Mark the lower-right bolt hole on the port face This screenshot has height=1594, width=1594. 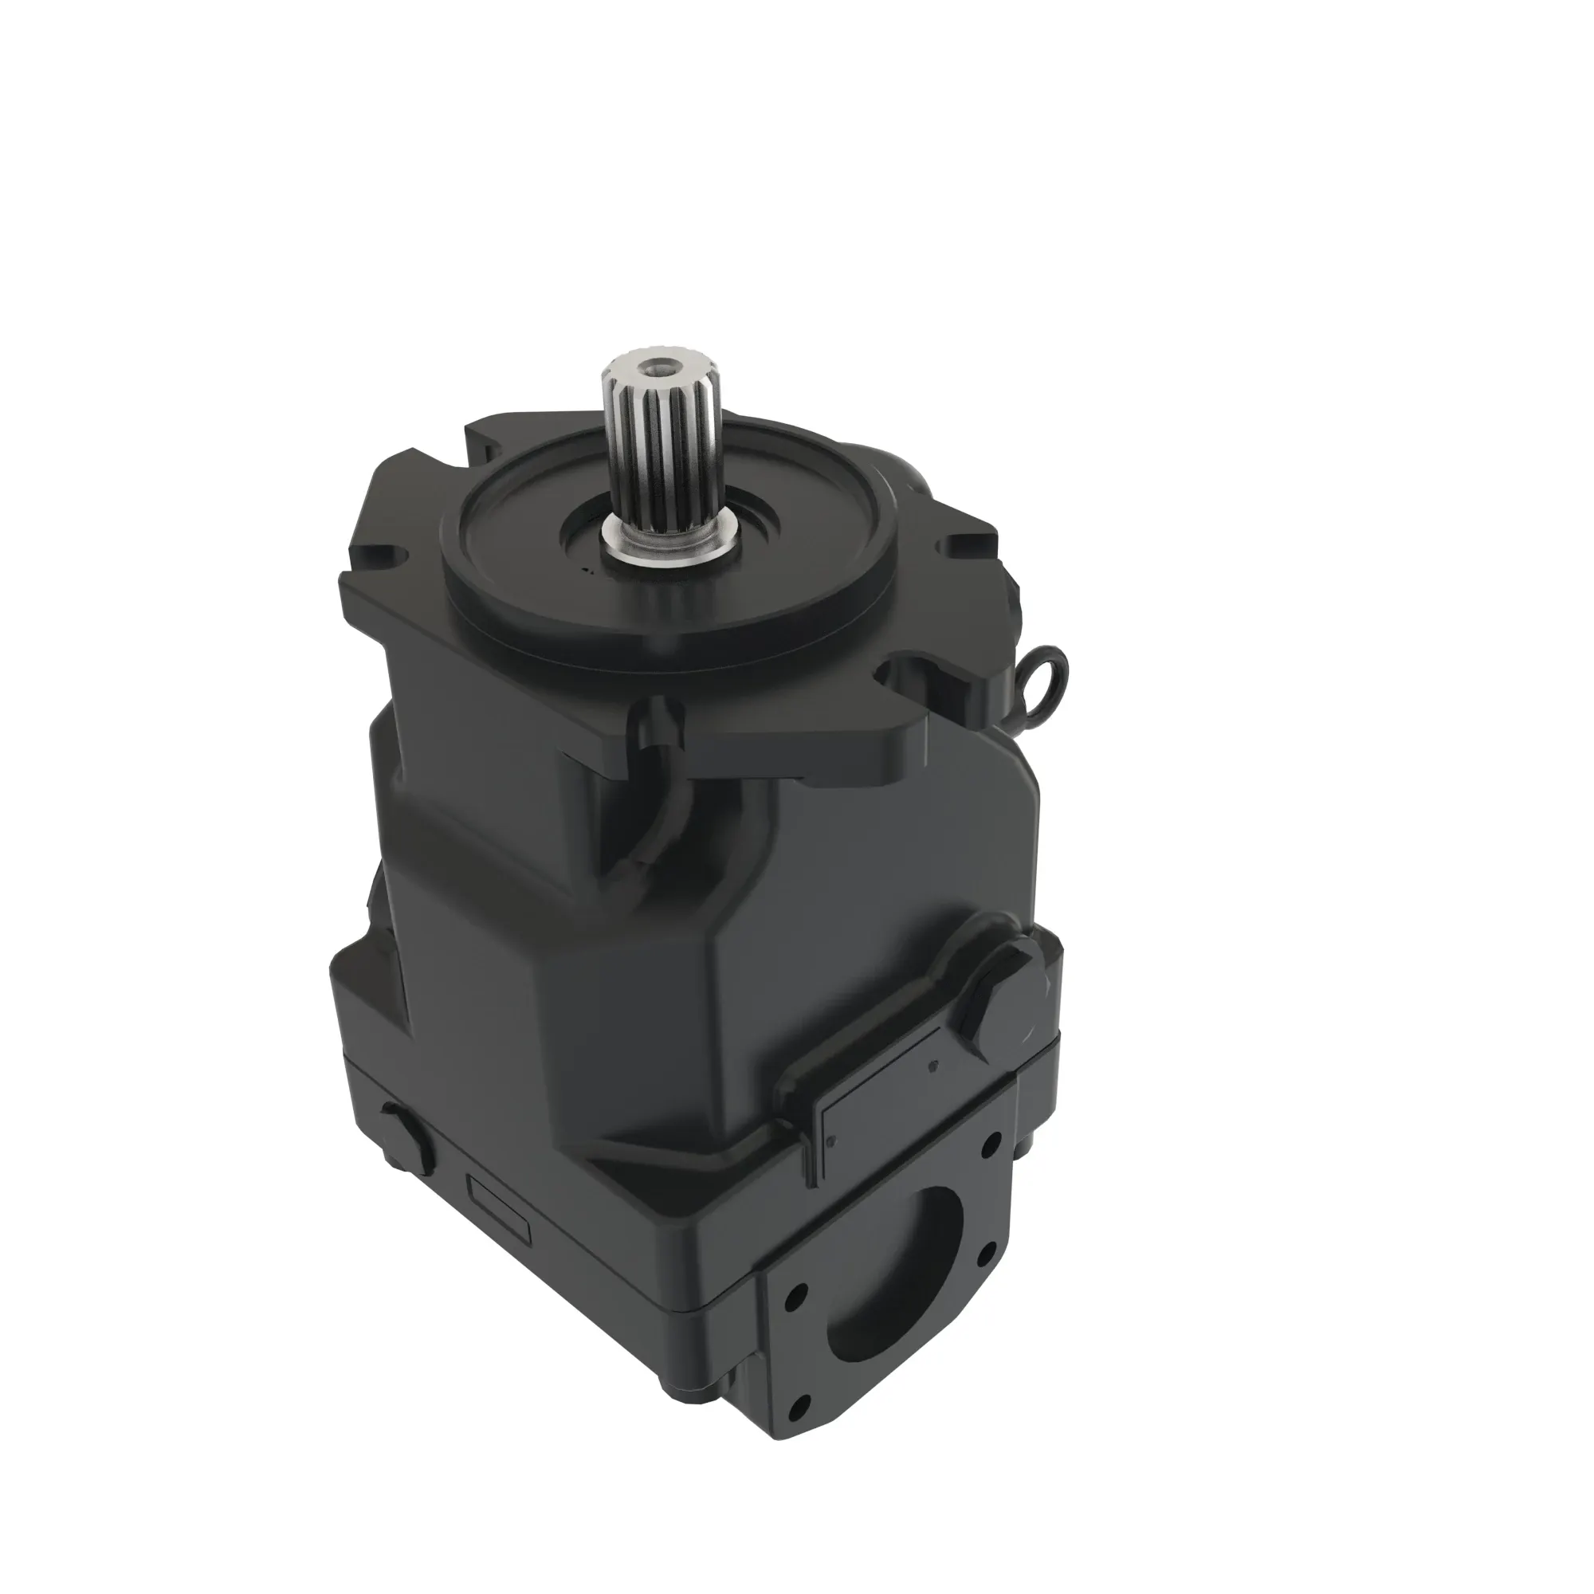pos(983,1253)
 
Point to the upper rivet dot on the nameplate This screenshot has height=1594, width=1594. pos(933,1065)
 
